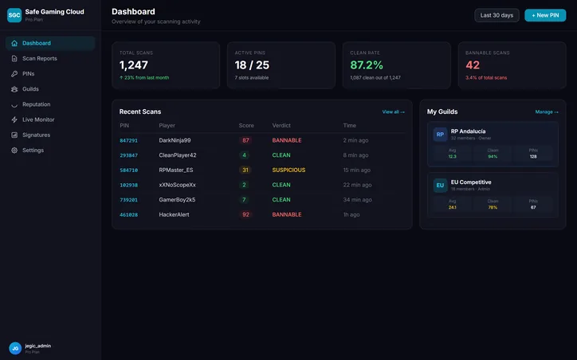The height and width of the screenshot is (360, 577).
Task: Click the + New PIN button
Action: (x=545, y=15)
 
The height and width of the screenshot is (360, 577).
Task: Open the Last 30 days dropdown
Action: (x=497, y=15)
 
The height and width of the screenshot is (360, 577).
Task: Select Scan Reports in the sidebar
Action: (x=39, y=58)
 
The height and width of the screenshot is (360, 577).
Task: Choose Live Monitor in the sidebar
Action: (x=38, y=119)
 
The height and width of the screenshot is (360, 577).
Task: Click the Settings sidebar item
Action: (x=33, y=150)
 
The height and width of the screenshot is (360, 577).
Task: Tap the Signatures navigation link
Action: (x=36, y=135)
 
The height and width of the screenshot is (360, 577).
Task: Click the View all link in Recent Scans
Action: (x=393, y=112)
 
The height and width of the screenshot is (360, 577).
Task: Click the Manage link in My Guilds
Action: (x=547, y=112)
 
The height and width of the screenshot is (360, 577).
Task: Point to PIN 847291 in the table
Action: (x=128, y=140)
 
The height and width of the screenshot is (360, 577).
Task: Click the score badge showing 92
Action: (x=245, y=215)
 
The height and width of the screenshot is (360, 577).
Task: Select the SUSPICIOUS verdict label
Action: (x=288, y=170)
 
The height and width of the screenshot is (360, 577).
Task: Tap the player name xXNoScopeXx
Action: (x=177, y=185)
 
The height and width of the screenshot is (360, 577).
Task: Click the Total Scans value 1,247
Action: (x=134, y=65)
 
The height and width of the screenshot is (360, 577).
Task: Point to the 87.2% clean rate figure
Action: (x=367, y=65)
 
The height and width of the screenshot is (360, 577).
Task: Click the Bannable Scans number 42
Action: (x=473, y=65)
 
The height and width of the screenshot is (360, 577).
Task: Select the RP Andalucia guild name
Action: (x=468, y=131)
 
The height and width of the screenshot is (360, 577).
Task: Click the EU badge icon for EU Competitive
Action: (x=440, y=186)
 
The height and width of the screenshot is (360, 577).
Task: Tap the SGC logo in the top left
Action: (x=14, y=15)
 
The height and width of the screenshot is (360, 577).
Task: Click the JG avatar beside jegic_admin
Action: (x=14, y=348)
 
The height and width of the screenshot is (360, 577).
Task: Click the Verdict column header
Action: (x=281, y=125)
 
